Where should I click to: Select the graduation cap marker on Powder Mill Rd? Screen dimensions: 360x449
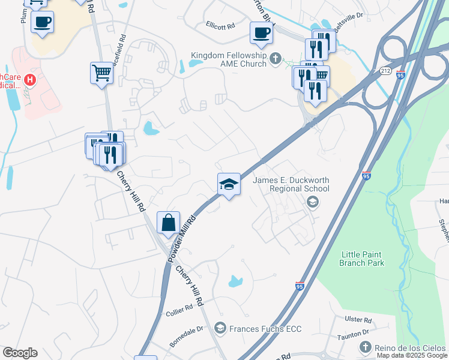tap(229, 184)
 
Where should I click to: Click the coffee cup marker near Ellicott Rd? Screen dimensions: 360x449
tap(261, 32)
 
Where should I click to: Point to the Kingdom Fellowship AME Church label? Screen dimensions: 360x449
tap(229, 59)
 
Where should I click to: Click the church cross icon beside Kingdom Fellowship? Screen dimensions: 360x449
tap(276, 58)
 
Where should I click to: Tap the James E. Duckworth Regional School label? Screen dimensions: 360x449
tap(291, 184)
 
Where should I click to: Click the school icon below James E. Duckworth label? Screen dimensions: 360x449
tap(312, 202)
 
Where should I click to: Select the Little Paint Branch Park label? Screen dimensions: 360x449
tap(361, 259)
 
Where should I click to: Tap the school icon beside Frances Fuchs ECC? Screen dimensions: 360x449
tap(220, 328)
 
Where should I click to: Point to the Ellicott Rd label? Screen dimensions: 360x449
tap(220, 26)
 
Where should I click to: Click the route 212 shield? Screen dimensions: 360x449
tap(385, 71)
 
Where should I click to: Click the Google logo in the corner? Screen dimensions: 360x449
tap(19, 353)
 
